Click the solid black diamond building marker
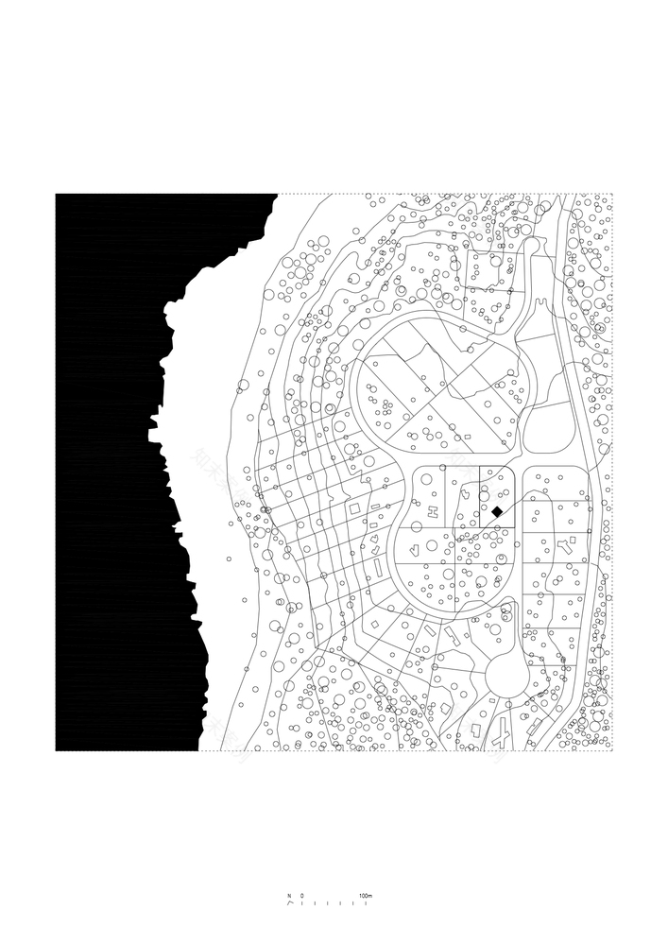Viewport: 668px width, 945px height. [x=497, y=511]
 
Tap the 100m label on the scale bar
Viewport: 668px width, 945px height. [x=367, y=894]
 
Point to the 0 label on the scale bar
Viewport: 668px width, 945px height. [x=302, y=894]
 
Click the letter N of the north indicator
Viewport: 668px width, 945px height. [x=289, y=894]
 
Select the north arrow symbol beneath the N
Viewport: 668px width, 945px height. [x=289, y=902]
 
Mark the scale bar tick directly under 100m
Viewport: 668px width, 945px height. [x=367, y=903]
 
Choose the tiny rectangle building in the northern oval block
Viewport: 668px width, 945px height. [x=467, y=437]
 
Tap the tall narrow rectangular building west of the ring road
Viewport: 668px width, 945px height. [x=380, y=568]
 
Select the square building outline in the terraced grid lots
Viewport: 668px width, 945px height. [x=353, y=509]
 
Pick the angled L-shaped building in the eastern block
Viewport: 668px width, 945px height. [x=565, y=545]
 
